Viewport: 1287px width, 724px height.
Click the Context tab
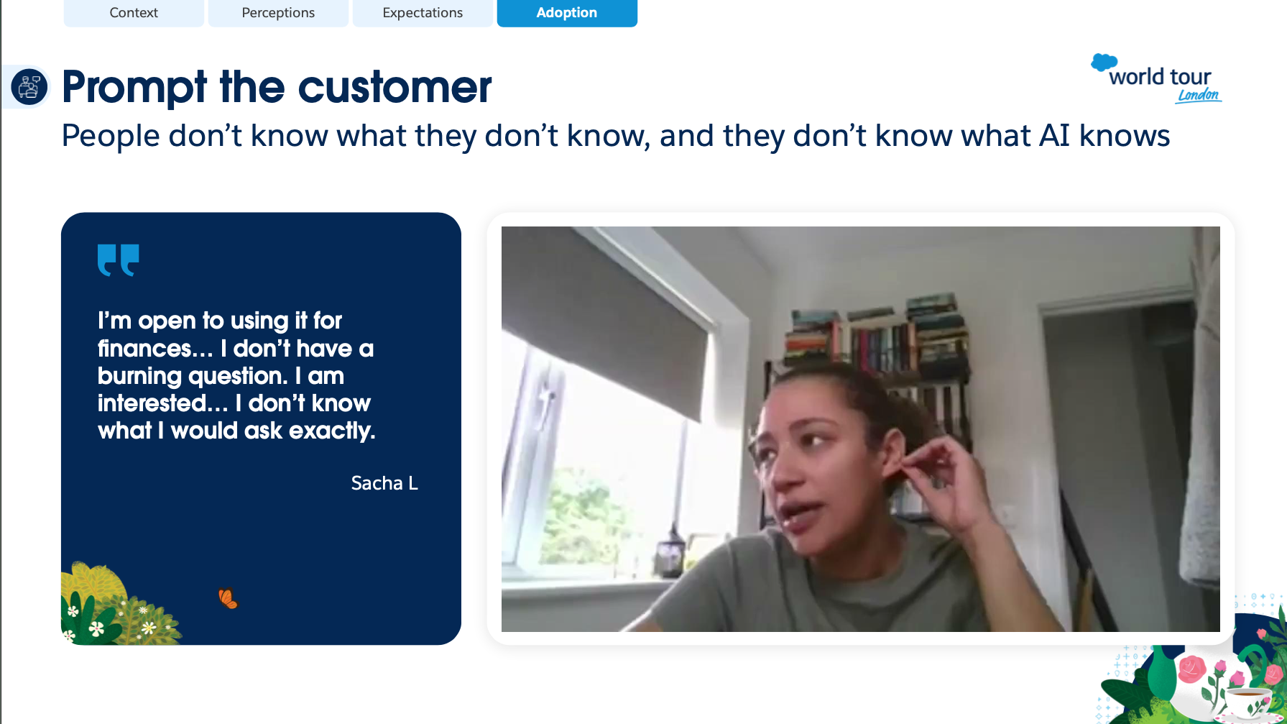pyautogui.click(x=134, y=13)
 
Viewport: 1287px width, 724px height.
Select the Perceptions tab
pyautogui.click(x=278, y=13)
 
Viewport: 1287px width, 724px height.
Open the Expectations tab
pyautogui.click(x=423, y=13)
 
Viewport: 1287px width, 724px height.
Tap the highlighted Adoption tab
pyautogui.click(x=567, y=13)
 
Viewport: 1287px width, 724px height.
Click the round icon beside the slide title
pyautogui.click(x=29, y=87)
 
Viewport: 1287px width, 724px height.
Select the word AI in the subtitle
pyautogui.click(x=1054, y=136)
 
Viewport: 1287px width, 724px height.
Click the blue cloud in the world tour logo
pyautogui.click(x=1104, y=63)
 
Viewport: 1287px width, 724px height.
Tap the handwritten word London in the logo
pyautogui.click(x=1199, y=96)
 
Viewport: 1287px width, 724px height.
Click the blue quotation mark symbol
pyautogui.click(x=118, y=260)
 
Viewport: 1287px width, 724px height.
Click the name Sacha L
pyautogui.click(x=384, y=483)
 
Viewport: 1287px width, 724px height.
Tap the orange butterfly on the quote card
pyautogui.click(x=228, y=598)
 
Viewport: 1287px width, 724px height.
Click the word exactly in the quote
pyautogui.click(x=332, y=431)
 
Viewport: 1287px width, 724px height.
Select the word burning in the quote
pyautogui.click(x=139, y=376)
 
